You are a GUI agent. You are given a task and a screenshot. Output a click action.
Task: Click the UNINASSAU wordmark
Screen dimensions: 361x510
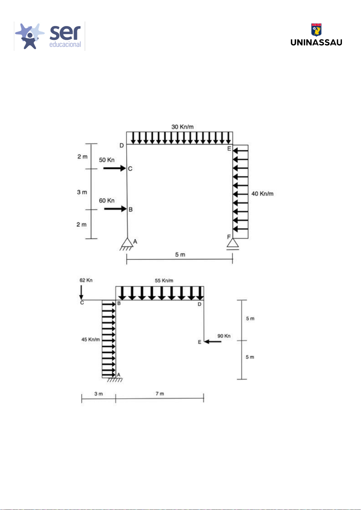pos(316,43)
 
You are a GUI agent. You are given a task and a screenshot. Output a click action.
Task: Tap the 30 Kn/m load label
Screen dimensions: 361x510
pos(182,127)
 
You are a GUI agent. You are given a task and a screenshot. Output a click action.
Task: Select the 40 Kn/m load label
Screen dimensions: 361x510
pos(262,194)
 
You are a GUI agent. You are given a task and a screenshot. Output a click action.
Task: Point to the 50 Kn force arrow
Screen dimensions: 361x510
pos(114,168)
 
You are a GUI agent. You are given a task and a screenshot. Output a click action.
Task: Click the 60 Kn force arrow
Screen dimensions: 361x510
pos(115,209)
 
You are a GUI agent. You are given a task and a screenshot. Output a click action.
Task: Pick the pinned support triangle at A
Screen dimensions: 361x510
pos(127,242)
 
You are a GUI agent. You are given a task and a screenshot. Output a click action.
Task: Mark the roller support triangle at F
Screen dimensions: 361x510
pos(233,243)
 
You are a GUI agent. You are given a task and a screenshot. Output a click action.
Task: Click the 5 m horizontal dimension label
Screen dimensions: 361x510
pos(180,255)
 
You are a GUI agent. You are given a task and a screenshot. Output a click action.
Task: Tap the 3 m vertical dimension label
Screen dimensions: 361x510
pos(82,192)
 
